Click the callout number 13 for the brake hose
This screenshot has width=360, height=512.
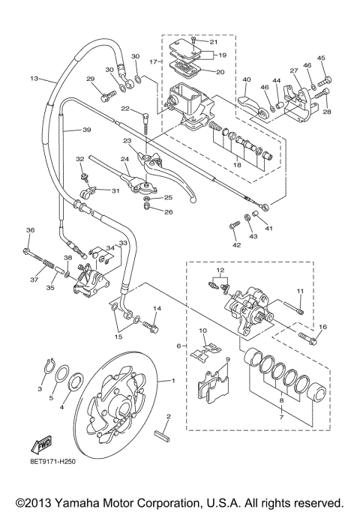[x=34, y=78]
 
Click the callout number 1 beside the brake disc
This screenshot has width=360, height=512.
[x=173, y=381]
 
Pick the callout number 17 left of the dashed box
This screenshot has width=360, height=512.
[x=153, y=62]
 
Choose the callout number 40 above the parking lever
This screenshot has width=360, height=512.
[x=246, y=79]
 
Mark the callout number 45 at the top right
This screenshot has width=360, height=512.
[x=321, y=58]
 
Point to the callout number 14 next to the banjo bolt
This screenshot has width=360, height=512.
[x=157, y=309]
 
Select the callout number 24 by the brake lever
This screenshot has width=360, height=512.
[x=125, y=159]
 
